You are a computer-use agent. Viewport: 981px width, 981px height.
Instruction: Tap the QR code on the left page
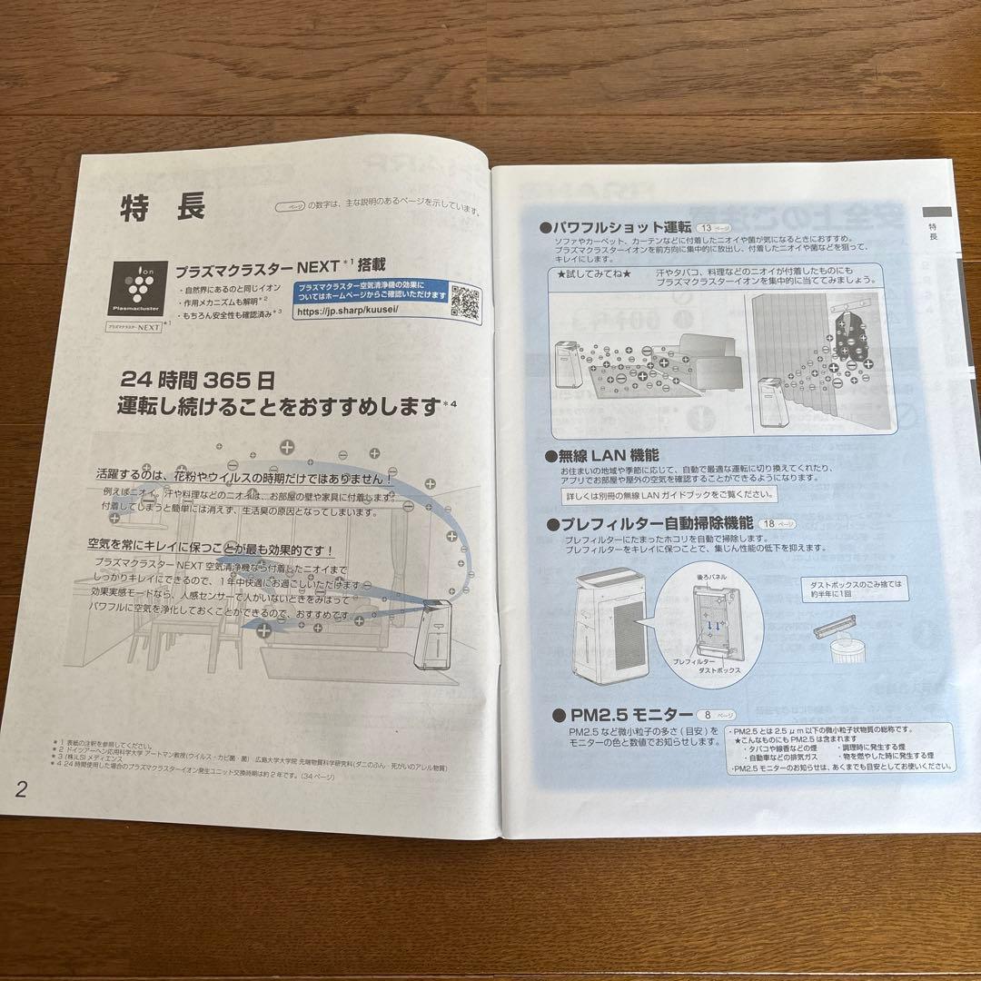coord(466,299)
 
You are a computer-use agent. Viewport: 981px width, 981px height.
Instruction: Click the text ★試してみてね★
coord(588,273)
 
